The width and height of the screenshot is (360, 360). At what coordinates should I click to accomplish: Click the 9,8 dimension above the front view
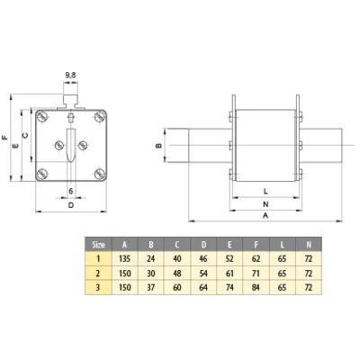[70, 76]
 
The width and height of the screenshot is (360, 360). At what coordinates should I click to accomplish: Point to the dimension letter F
[4, 138]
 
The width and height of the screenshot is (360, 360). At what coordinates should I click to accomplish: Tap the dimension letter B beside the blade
[159, 146]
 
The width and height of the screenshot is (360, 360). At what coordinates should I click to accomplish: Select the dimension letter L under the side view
[265, 191]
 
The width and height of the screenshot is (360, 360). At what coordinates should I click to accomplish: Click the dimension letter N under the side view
[265, 204]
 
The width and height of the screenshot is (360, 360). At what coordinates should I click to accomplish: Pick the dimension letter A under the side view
[265, 215]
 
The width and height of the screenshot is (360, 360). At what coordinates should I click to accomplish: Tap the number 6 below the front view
[71, 191]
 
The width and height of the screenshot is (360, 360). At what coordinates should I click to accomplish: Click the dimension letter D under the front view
[71, 205]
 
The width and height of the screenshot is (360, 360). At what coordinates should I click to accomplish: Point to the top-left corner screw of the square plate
[41, 116]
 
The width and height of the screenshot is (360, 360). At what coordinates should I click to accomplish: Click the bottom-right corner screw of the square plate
[100, 174]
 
